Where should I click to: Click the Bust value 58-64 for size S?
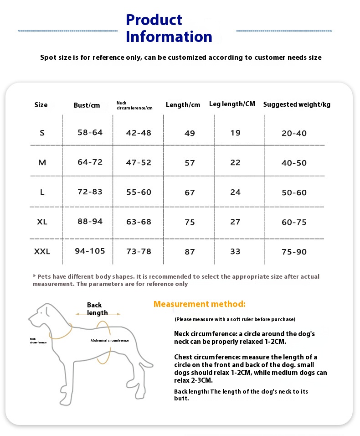coord(90,132)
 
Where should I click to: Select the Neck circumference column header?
coord(134,105)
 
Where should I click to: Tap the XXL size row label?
coord(42,251)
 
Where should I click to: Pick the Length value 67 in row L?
coord(190,192)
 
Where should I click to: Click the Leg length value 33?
coord(235,251)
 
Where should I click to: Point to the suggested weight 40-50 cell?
coord(294,163)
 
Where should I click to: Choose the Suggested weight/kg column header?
coord(297,104)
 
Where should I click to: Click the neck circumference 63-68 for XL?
coord(139,222)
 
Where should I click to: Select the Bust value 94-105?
coord(90,251)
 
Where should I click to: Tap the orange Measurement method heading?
coord(200,304)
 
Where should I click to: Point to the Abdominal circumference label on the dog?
coord(109,340)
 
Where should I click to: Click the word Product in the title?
coord(154,20)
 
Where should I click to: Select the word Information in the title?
coord(169,36)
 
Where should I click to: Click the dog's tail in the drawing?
coord(147,361)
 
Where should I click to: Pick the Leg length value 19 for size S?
coord(235,133)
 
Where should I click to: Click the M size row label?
coord(42,162)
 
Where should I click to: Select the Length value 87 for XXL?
coord(190,252)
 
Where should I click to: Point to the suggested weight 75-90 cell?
coord(294,252)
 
